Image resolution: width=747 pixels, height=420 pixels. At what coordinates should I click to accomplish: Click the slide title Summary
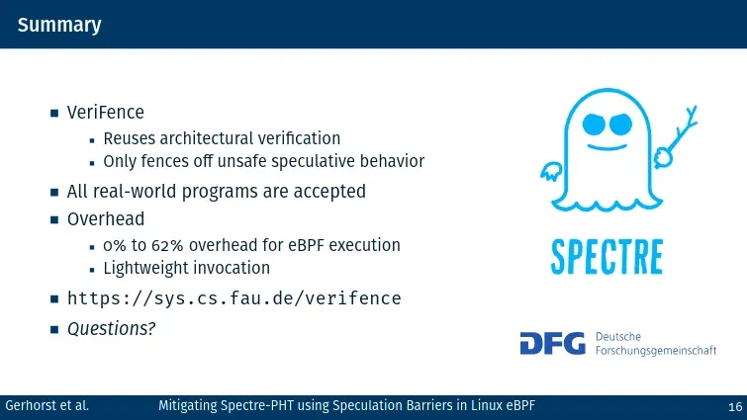(59, 26)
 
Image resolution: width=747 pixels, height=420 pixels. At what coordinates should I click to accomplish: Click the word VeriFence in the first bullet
(105, 113)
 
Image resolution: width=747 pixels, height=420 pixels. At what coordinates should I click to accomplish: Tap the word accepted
(329, 192)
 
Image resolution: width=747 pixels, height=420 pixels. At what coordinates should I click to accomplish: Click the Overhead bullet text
(106, 219)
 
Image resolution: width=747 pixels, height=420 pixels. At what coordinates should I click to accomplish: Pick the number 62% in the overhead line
(167, 245)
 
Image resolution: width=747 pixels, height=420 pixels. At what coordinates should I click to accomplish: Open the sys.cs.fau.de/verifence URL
(233, 298)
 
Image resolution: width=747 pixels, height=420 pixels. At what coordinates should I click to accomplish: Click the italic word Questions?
(112, 329)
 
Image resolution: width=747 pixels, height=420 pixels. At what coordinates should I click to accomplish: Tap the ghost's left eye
(594, 125)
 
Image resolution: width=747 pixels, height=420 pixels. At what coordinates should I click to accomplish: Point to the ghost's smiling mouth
(607, 147)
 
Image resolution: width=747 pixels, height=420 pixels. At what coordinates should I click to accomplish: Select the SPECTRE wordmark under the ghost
(607, 257)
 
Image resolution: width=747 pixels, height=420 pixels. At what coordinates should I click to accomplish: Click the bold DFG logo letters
(553, 343)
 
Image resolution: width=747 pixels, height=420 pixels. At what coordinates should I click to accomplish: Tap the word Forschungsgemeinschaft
(656, 351)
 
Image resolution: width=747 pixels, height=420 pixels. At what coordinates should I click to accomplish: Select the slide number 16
(735, 407)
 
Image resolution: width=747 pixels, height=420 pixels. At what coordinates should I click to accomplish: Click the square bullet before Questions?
(54, 329)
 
